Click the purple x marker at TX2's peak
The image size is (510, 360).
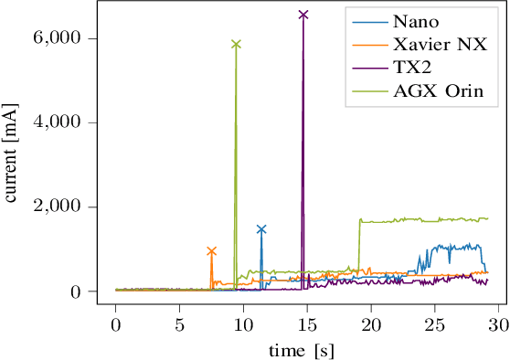coord(303,15)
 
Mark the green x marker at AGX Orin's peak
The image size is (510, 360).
coord(236,44)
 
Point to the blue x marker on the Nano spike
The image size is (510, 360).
coord(261,229)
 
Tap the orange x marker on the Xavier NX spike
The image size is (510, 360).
coord(211,250)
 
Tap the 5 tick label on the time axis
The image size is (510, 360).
coord(180,324)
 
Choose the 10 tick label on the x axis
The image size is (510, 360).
coord(243,324)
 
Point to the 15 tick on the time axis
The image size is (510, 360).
coord(307,324)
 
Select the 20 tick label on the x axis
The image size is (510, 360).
coord(371,324)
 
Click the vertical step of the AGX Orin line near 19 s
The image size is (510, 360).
coord(360,247)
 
